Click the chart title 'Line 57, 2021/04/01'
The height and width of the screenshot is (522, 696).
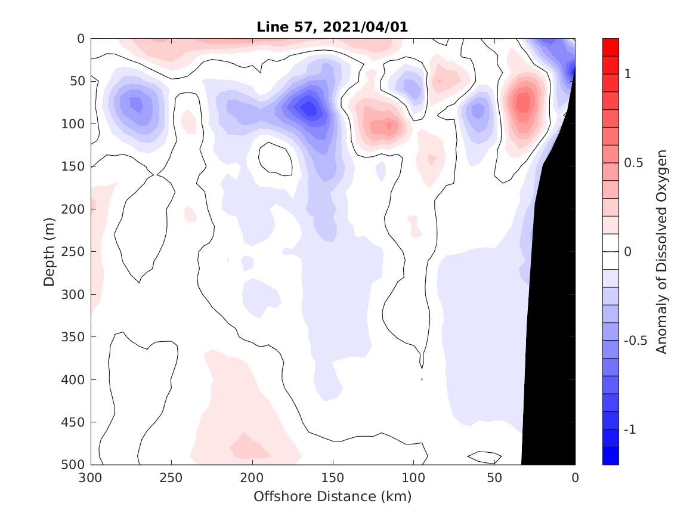click(333, 27)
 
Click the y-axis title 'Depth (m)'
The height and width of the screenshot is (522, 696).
click(49, 251)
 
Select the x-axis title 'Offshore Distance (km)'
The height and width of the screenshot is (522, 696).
click(333, 496)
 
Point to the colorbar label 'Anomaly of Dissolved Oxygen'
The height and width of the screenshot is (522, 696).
click(661, 251)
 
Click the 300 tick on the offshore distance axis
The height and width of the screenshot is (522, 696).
click(91, 478)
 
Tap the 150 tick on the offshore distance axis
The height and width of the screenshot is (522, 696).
click(333, 478)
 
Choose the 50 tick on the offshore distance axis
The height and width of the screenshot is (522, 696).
click(494, 478)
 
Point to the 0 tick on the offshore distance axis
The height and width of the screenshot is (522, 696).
click(575, 478)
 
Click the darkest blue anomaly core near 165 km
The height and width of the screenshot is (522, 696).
click(309, 109)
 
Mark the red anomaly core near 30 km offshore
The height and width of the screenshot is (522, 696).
click(524, 101)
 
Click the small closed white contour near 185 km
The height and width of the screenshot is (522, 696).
click(275, 159)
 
